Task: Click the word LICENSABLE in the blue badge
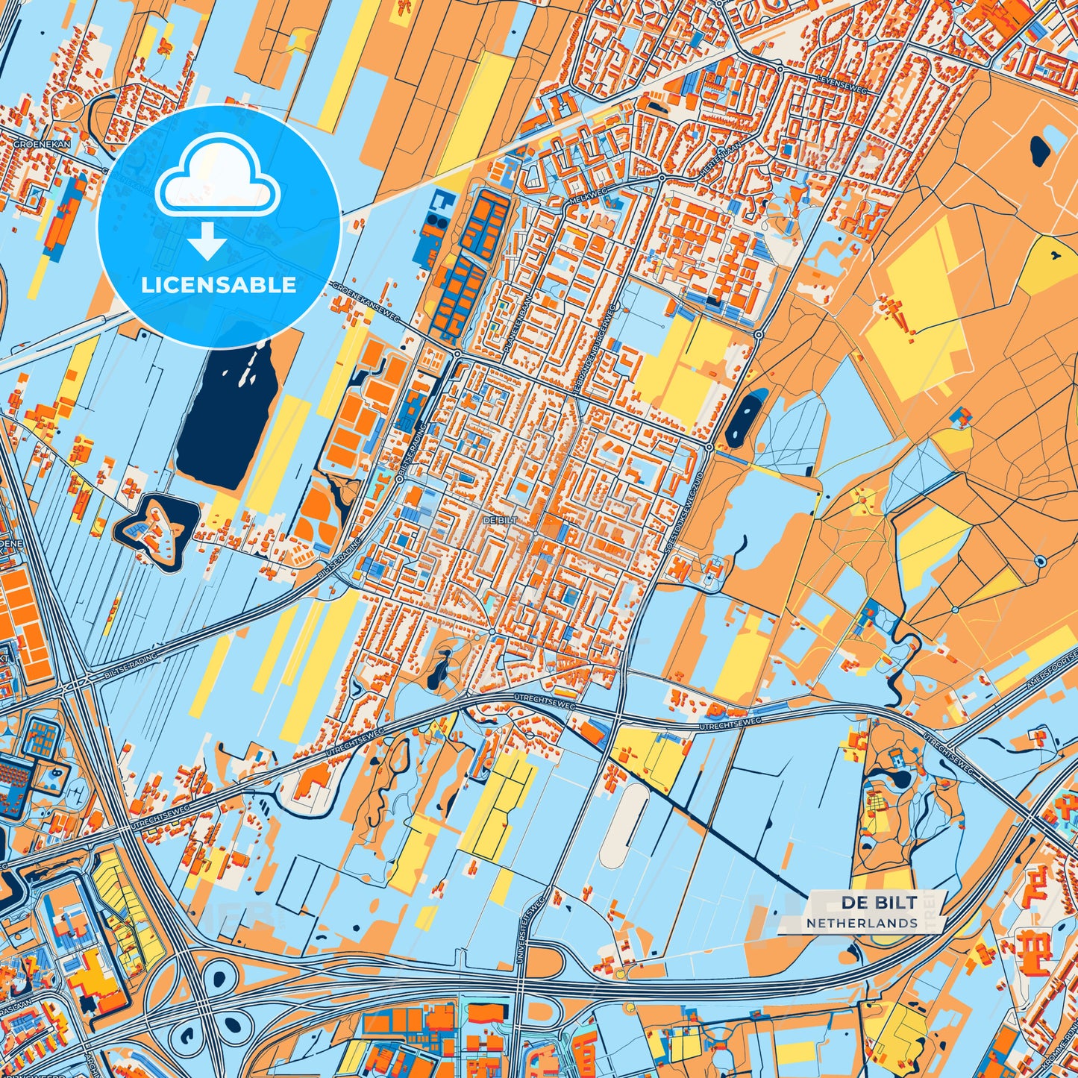(219, 285)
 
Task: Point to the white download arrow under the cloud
(208, 243)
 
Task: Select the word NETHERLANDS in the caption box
(862, 923)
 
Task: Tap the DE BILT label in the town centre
(500, 519)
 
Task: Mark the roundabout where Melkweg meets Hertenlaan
(662, 178)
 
